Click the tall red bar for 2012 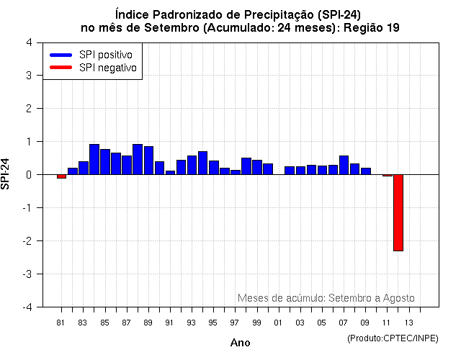(398, 212)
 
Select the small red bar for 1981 (61, 176)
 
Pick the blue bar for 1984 (94, 159)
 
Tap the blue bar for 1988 (138, 159)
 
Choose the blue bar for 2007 (344, 165)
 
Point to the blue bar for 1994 (202, 163)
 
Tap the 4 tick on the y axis (28, 42)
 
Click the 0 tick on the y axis (28, 175)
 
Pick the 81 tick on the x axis (61, 322)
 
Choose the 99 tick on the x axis (256, 322)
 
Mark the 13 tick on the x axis (408, 322)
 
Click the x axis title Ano (240, 343)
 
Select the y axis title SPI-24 (6, 174)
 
